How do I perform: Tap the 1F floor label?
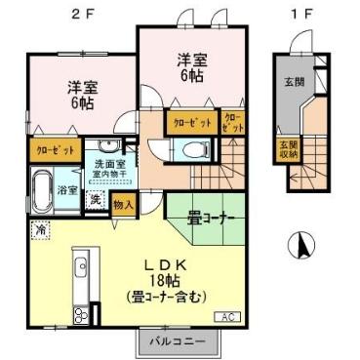tap(304, 13)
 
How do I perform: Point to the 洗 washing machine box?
tap(96, 200)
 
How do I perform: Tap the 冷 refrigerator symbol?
tap(41, 230)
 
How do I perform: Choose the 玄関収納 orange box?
tap(286, 151)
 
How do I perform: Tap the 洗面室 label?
tap(108, 165)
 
